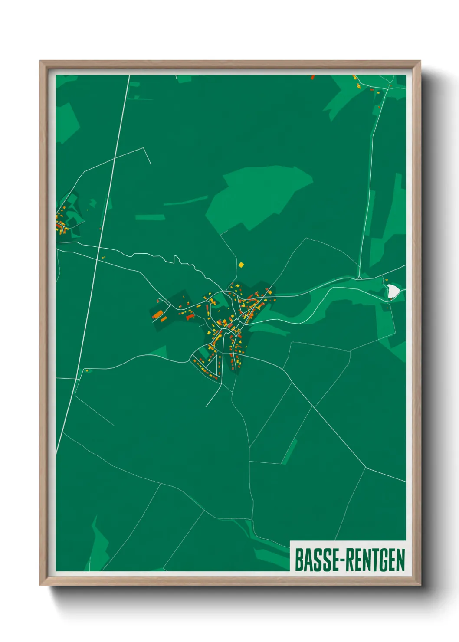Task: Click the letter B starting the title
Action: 299,560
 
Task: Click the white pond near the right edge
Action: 393,291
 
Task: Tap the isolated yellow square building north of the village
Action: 241,264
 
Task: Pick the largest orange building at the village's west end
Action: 158,314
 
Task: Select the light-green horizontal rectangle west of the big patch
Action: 150,217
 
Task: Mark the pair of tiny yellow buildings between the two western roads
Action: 104,258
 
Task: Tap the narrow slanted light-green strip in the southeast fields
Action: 290,452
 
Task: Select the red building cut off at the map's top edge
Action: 312,77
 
